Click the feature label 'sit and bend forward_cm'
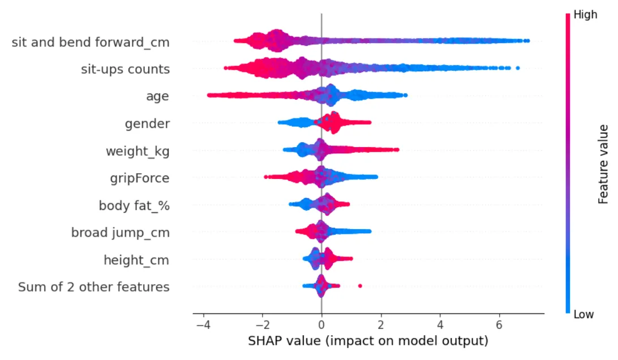[x=91, y=42]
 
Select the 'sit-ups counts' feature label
[x=125, y=70]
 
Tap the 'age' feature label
[x=157, y=97]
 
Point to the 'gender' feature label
[x=147, y=124]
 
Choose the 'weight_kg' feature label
[x=138, y=151]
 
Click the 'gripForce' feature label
[x=140, y=178]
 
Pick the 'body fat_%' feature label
[x=134, y=205]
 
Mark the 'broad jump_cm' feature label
[x=120, y=233]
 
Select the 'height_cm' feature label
[x=136, y=260]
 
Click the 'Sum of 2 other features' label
[x=94, y=287]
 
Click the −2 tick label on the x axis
[x=262, y=327]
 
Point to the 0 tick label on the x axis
[x=321, y=327]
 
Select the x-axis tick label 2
[x=381, y=327]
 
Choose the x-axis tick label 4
[x=440, y=327]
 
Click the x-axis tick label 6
[x=499, y=327]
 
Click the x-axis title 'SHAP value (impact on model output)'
[x=368, y=342]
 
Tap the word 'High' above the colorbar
[x=586, y=15]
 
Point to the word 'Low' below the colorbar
[x=584, y=315]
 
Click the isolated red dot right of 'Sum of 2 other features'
[x=360, y=286]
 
